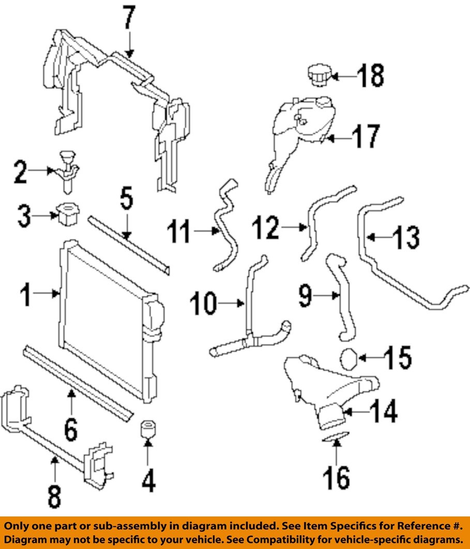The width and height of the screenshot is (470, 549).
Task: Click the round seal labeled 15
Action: point(350,357)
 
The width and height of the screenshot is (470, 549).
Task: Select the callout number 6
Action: point(71,429)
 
